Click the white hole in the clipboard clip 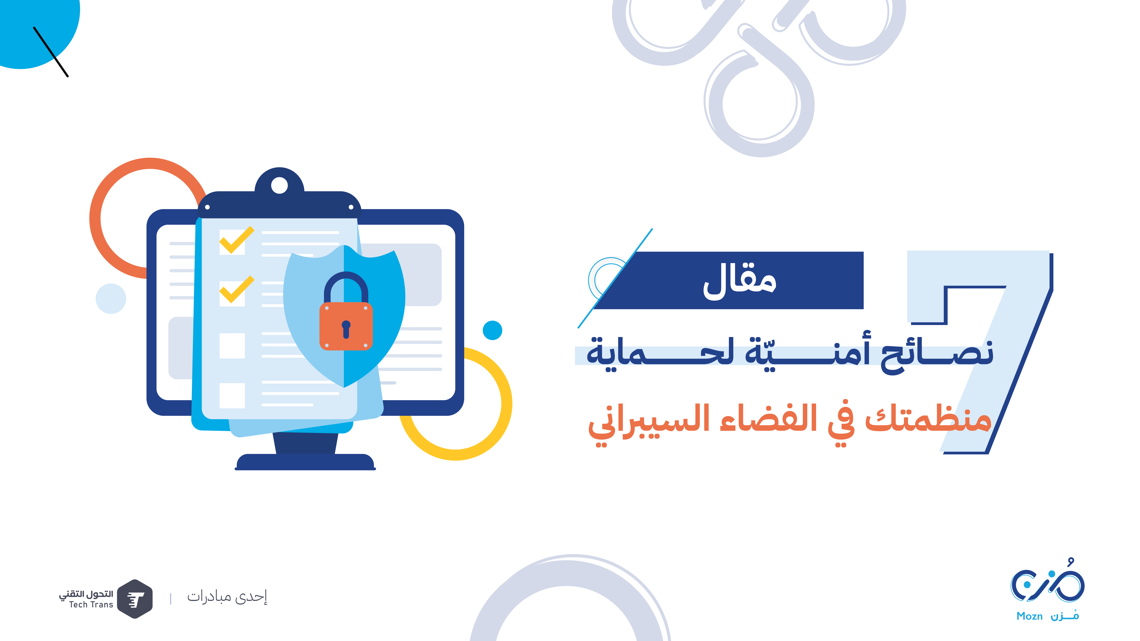click(x=279, y=185)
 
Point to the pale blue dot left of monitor click(x=111, y=299)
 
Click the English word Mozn click(x=1029, y=616)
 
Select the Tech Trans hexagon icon click(x=135, y=599)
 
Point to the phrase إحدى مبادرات click(x=227, y=597)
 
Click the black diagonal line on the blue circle click(x=51, y=52)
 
